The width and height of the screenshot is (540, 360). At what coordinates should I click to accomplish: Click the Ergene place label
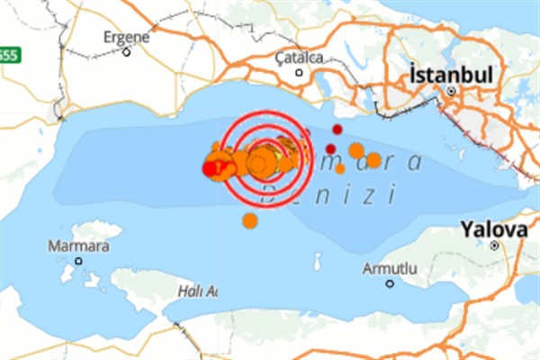point(126,37)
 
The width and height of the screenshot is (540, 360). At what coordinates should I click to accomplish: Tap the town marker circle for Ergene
point(127,51)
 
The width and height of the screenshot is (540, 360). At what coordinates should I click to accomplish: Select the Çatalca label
point(299,58)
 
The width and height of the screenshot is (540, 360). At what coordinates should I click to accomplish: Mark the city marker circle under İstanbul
point(453,91)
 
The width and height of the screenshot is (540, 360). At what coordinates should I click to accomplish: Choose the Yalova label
point(493,229)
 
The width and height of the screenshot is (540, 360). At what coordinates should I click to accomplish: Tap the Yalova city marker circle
point(494,245)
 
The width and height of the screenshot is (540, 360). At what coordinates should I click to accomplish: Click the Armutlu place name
point(390,268)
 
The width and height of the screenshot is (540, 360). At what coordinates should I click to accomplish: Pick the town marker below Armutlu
point(390,283)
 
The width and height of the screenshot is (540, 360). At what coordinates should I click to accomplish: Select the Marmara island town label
point(80,246)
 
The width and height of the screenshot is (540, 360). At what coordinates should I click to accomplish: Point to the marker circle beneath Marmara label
point(78,261)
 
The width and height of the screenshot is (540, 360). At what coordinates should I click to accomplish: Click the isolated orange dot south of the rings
point(249,220)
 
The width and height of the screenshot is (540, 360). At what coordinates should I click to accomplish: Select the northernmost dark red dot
point(337,130)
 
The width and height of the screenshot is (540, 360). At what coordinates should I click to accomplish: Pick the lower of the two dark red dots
point(331,148)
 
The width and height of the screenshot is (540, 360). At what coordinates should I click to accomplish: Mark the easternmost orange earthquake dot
point(373,160)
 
